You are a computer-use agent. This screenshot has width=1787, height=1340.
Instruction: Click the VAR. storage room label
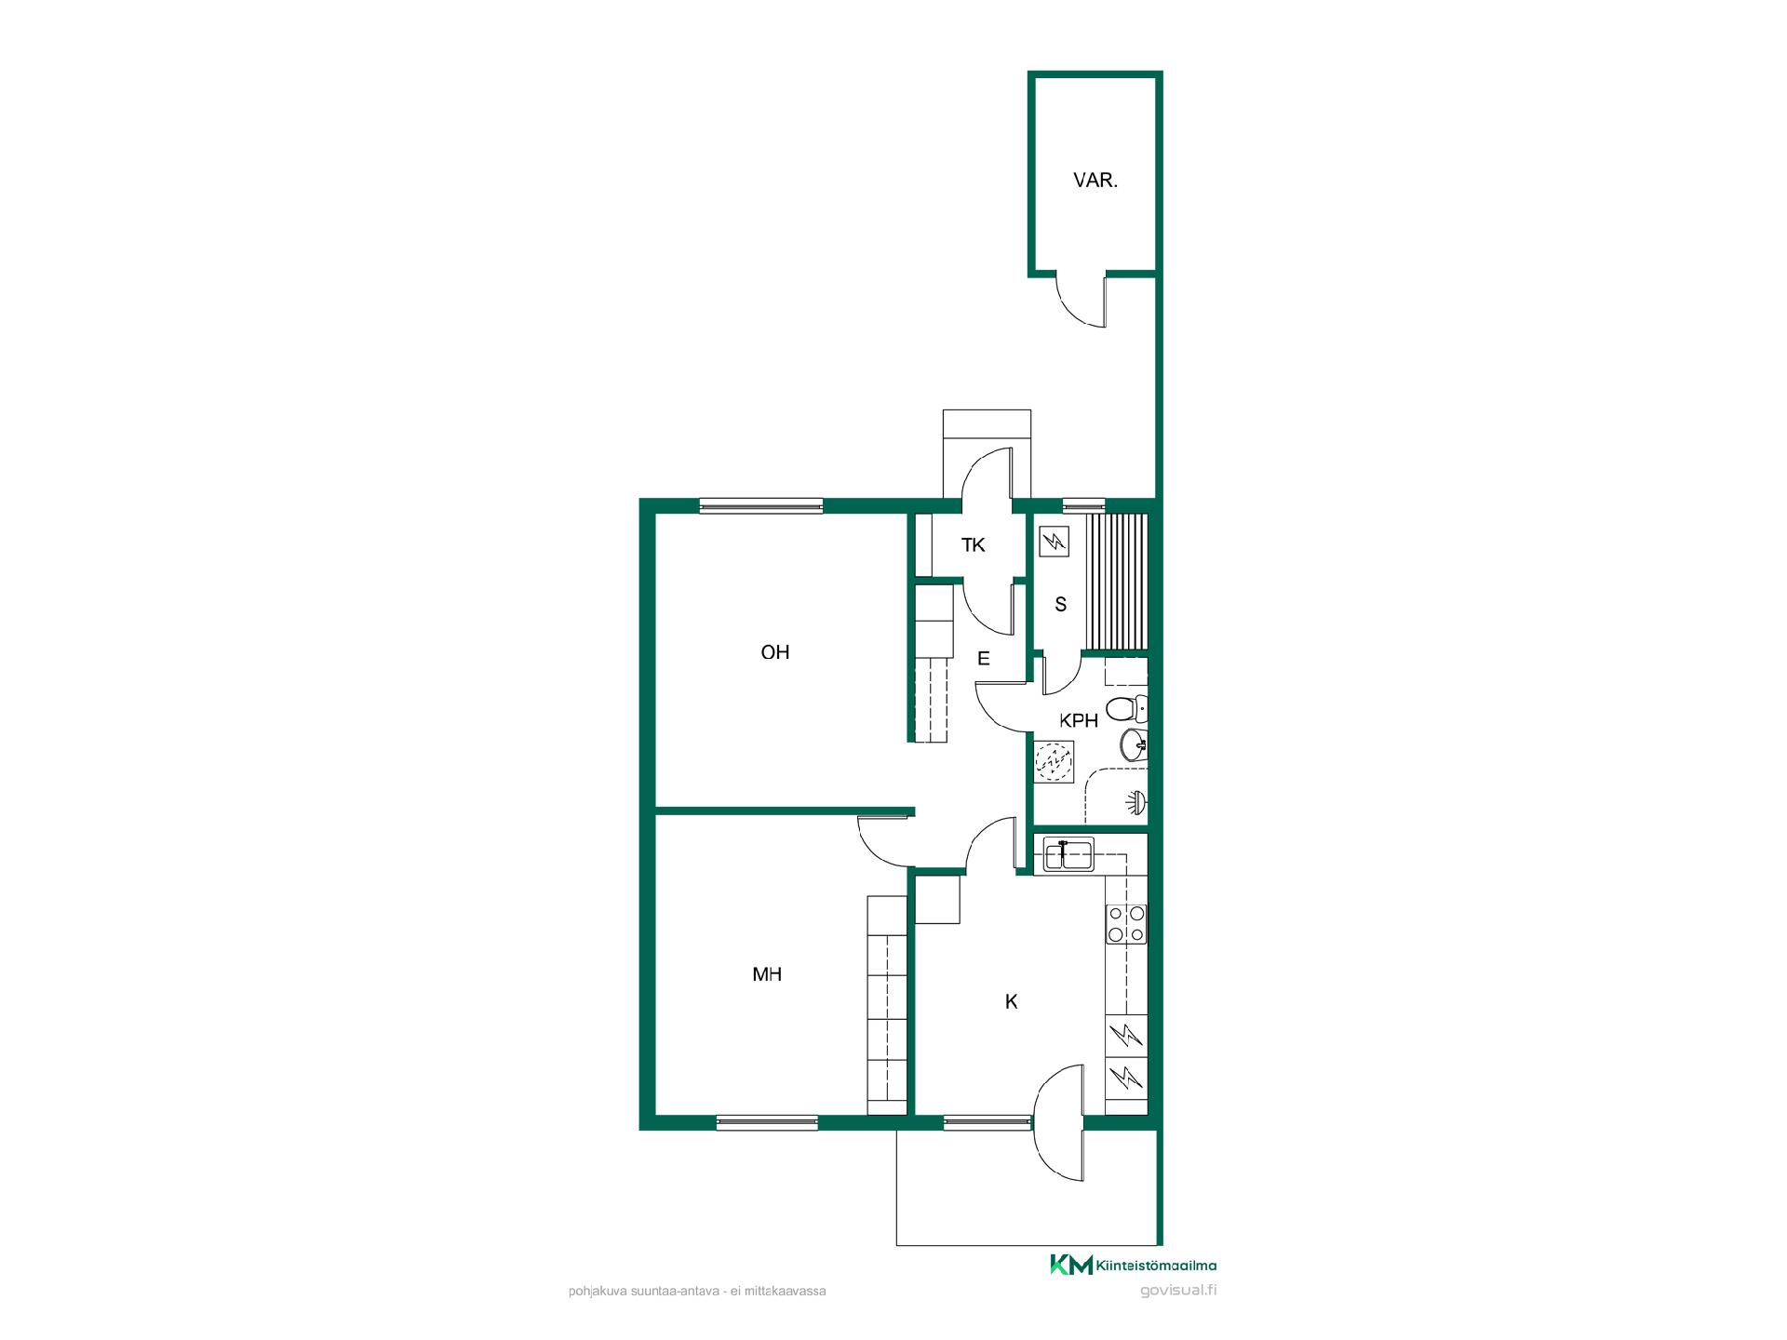(x=1095, y=181)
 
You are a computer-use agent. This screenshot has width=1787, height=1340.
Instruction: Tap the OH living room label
(x=775, y=652)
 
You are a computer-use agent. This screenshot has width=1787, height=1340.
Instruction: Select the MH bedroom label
(x=767, y=974)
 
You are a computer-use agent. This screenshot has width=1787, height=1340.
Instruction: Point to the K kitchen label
(x=1012, y=1002)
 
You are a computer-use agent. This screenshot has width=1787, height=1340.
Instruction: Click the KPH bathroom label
(x=1079, y=720)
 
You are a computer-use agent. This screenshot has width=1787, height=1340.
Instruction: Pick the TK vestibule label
(x=974, y=545)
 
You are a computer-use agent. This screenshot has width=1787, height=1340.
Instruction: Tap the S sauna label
(x=1060, y=605)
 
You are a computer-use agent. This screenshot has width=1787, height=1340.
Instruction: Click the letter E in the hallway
(x=984, y=659)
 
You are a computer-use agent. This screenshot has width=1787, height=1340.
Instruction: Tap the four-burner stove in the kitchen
(x=1126, y=923)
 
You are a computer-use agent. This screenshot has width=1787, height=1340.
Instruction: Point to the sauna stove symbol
(x=1054, y=542)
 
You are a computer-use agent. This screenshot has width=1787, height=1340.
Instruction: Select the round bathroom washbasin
(x=1134, y=744)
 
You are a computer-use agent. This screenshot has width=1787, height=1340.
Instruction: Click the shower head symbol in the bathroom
(x=1137, y=801)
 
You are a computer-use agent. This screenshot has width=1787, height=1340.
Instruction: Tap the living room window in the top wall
(x=761, y=505)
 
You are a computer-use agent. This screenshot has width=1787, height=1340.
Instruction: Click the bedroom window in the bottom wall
(x=767, y=1122)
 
